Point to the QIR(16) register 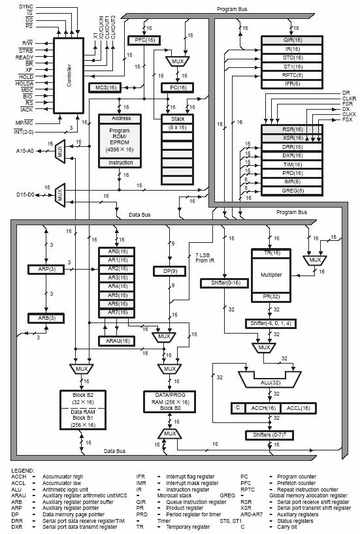[289, 40]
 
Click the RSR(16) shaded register [289, 129]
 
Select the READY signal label [25, 57]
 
